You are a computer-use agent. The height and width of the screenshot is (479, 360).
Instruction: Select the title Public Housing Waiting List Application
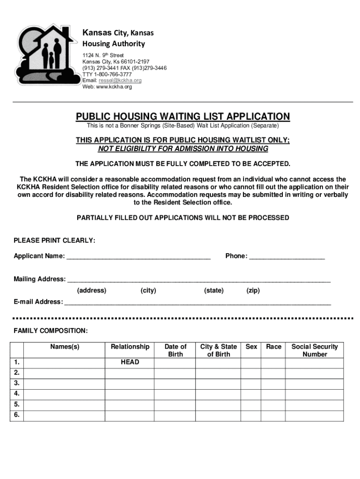[x=183, y=116]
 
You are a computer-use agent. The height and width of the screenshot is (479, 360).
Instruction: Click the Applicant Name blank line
[x=138, y=257]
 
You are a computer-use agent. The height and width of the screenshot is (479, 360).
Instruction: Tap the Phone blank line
[x=287, y=257]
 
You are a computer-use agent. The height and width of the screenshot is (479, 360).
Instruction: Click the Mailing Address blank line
[x=199, y=280]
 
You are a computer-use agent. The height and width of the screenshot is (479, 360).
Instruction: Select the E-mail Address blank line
[x=197, y=303]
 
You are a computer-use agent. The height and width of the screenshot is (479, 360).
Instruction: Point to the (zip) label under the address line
[x=253, y=290]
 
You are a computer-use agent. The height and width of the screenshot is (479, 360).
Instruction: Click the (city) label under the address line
[x=148, y=290]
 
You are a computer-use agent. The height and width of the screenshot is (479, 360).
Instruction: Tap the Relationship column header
[x=130, y=347]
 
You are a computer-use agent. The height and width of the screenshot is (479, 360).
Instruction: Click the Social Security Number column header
[x=315, y=350]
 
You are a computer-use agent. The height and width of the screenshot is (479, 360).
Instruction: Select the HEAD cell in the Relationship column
[x=130, y=362]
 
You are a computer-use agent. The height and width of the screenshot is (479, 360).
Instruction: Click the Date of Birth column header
[x=175, y=350]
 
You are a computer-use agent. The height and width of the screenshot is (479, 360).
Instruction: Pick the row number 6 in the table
[x=17, y=415]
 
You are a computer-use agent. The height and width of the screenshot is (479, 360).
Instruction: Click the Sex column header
[x=252, y=347]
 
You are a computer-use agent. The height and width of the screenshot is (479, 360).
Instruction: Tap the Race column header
[x=274, y=347]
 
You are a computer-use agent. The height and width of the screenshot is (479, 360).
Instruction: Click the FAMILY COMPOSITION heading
[x=50, y=331]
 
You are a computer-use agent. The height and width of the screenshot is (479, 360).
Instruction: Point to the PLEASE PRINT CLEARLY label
[x=54, y=240]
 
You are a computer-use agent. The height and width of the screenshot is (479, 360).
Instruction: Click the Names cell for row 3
[x=65, y=383]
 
